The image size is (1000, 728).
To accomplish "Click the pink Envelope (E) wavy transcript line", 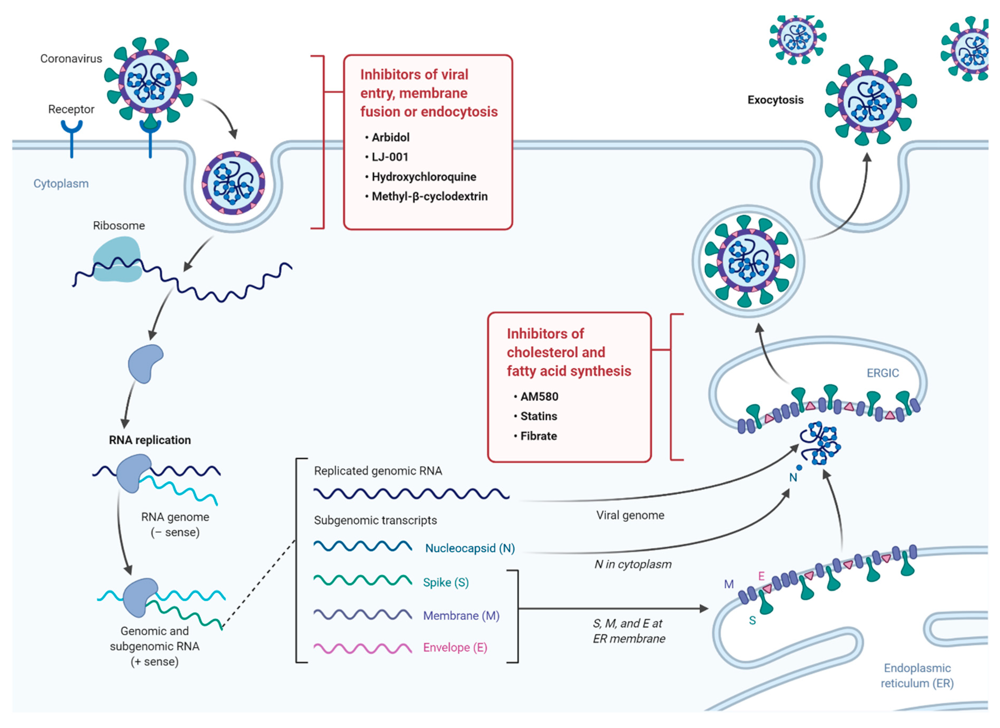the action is click(x=362, y=648).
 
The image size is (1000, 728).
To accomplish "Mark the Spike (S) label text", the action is click(x=446, y=583).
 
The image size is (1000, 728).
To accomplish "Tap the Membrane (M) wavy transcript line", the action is click(x=362, y=615).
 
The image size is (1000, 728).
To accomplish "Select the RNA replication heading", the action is click(x=150, y=440).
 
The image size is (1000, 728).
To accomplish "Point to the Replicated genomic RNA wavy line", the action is click(x=411, y=493).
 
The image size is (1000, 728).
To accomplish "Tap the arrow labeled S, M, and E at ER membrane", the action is click(x=613, y=609).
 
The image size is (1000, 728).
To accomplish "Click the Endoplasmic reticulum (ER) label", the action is click(x=917, y=675).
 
